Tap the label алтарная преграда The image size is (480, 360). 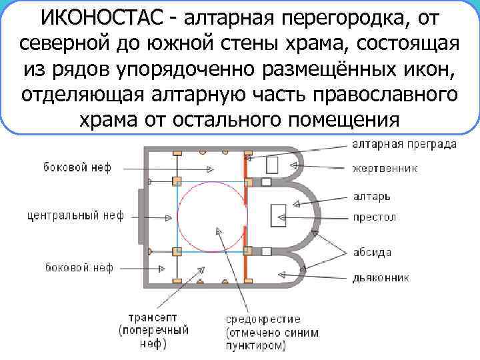404,144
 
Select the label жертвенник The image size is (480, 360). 385,169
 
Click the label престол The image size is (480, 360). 374,217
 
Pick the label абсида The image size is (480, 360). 372,252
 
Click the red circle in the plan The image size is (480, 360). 211,217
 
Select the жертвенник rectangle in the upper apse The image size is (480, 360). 273,165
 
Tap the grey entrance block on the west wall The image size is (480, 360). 142,217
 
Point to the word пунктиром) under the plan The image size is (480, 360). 255,345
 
